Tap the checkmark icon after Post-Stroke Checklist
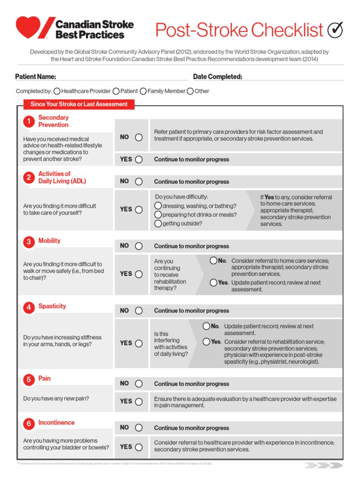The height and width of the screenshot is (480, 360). (335, 30)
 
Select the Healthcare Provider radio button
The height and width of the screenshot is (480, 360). (57, 91)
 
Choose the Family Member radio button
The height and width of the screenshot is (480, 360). (143, 91)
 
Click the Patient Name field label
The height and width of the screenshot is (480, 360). (36, 77)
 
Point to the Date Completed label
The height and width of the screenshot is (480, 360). (217, 77)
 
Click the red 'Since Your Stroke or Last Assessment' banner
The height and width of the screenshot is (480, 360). (79, 104)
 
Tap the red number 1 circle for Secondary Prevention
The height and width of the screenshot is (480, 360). (29, 122)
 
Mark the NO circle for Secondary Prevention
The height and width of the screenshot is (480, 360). (139, 137)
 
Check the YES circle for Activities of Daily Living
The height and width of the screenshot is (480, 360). (139, 210)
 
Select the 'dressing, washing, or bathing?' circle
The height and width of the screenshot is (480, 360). (158, 206)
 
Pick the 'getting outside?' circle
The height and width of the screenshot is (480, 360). (158, 224)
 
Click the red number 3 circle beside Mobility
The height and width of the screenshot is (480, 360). (29, 242)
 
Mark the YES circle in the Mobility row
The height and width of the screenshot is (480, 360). (139, 274)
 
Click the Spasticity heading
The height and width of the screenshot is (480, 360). (52, 306)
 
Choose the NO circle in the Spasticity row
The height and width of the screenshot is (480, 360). (139, 311)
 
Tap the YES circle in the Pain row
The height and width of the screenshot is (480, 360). (139, 402)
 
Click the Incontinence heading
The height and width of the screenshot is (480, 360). (56, 422)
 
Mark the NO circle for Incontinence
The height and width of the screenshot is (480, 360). (139, 427)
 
